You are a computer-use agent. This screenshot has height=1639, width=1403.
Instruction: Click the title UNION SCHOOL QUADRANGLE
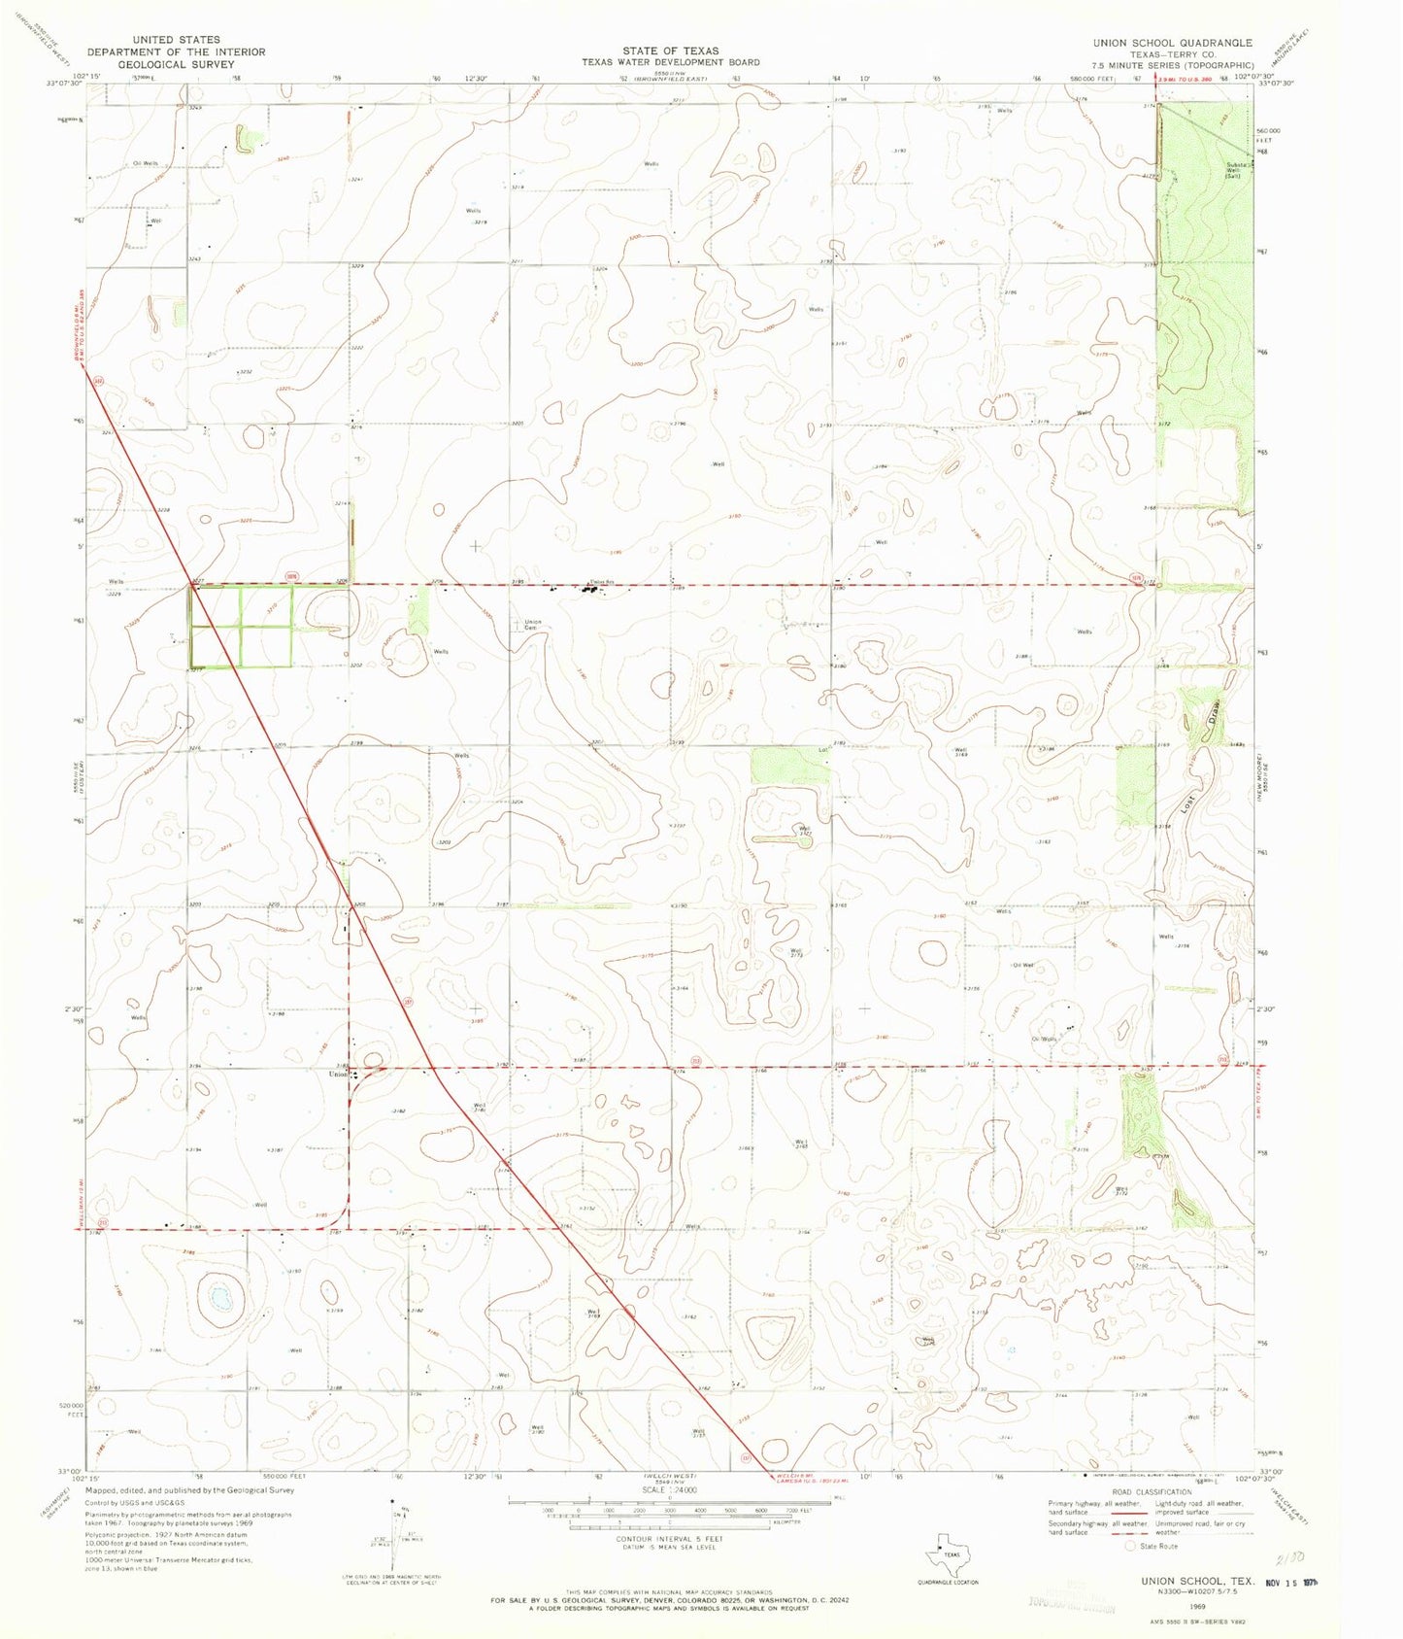click(x=1172, y=43)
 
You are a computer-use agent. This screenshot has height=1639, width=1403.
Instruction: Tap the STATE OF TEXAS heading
click(x=671, y=51)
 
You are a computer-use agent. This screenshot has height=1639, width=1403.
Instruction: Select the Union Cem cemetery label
click(x=532, y=625)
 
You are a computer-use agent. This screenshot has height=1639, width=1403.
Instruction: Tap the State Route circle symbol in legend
click(x=1129, y=1546)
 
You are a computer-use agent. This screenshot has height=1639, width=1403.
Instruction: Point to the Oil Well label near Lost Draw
click(x=1023, y=965)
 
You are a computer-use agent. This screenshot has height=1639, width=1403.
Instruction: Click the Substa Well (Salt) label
click(x=1234, y=170)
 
